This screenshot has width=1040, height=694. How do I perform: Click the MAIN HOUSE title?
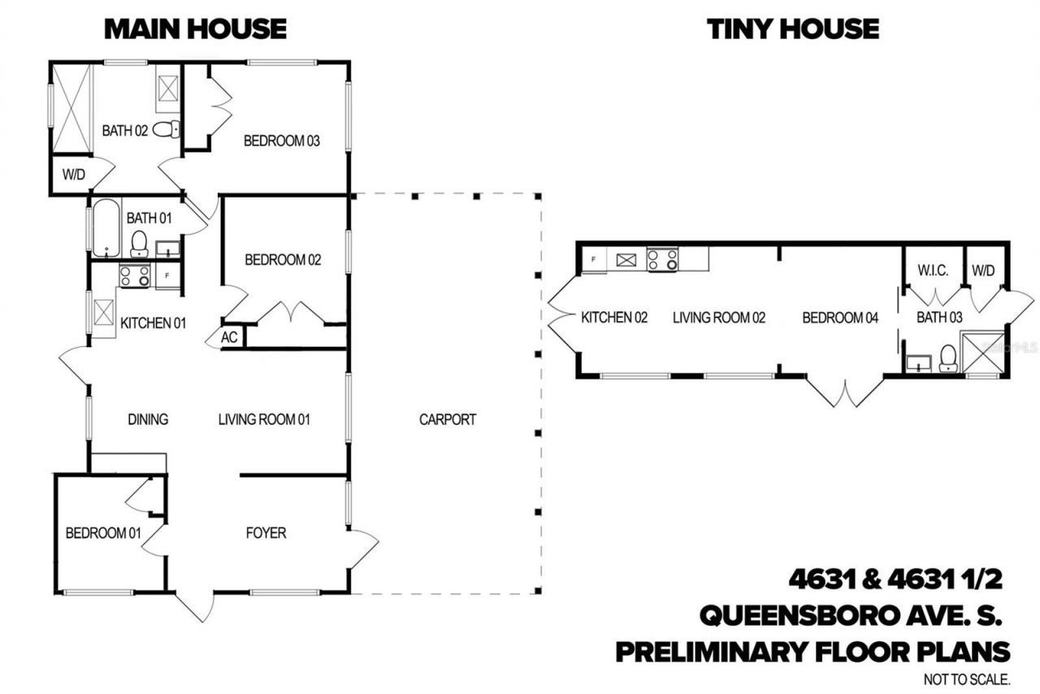pos(195,29)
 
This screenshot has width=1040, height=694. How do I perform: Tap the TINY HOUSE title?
pos(792,29)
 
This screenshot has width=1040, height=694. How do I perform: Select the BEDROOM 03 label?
pos(282,141)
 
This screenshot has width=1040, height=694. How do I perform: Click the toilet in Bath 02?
pos(165,128)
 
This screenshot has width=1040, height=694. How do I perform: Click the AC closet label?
pos(230,337)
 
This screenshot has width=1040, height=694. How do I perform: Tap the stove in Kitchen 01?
pos(134,276)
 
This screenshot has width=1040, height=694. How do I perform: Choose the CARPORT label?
pos(448,419)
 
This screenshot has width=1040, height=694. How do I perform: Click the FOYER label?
pos(266,533)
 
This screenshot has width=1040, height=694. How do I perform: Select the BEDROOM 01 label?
pos(103,533)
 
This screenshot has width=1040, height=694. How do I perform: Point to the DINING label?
pos(148,419)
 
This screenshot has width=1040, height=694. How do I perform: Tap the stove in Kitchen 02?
pos(663,259)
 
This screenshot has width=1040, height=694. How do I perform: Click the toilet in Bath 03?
pos(947,358)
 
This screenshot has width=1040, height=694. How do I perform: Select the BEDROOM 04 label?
pos(840,318)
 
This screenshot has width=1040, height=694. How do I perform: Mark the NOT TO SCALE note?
pos(966,679)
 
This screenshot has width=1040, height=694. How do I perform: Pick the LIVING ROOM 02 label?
pos(719,318)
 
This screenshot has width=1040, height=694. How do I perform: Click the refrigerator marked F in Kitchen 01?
pos(167,275)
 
